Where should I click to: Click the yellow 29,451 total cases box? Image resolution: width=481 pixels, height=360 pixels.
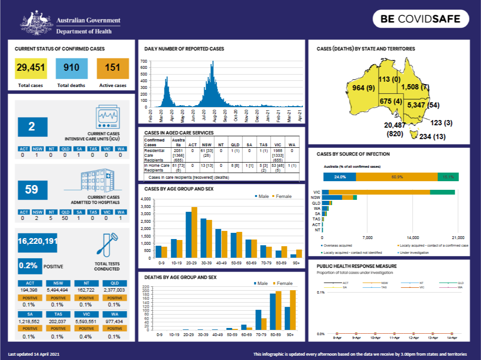click(31, 68)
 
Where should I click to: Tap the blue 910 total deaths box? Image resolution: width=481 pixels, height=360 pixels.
click(72, 68)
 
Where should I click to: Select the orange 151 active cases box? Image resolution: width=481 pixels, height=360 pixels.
click(112, 68)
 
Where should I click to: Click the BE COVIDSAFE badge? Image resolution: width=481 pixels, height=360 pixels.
click(420, 19)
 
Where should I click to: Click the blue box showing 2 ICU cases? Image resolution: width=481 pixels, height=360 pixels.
click(32, 127)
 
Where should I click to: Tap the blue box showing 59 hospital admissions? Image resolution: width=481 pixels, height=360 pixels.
click(32, 190)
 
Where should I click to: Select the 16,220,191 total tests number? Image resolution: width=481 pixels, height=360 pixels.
click(37, 242)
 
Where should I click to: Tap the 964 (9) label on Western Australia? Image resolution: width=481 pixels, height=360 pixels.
click(363, 88)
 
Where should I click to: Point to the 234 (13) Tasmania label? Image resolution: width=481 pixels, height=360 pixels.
click(433, 137)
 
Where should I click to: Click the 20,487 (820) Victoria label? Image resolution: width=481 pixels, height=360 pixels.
click(394, 130)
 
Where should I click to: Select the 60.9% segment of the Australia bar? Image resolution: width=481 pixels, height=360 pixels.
click(396, 177)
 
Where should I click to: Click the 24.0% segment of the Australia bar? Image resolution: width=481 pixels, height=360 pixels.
click(339, 177)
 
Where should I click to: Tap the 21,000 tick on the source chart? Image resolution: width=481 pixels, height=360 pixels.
click(458, 238)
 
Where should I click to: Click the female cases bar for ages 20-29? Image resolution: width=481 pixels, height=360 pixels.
click(194, 232)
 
